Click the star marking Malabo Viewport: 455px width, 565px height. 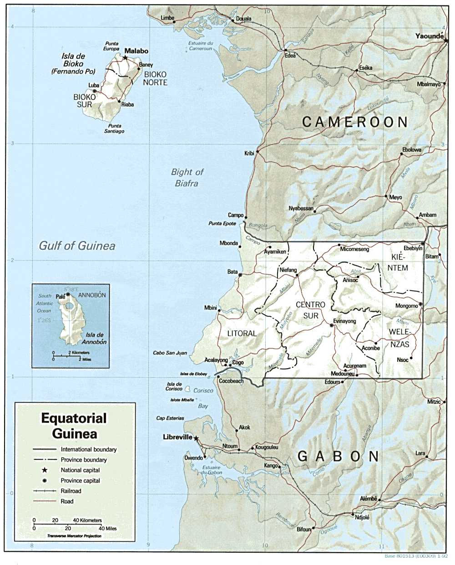[x=125, y=58]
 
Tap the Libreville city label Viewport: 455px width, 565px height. [x=177, y=437]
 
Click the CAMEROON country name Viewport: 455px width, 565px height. [x=355, y=122]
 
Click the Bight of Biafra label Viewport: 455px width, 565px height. [x=187, y=178]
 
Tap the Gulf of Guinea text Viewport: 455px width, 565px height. [x=77, y=246]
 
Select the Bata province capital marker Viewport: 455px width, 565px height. [x=240, y=275]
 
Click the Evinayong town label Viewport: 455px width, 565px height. [x=344, y=321]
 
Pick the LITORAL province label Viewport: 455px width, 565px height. [x=242, y=334]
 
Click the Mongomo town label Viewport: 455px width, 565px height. [x=406, y=306]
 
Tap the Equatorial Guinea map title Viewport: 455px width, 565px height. [x=74, y=425]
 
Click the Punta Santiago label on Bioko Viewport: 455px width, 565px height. [x=114, y=128]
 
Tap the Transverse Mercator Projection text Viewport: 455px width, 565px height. [x=74, y=536]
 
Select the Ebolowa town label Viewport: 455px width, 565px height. [x=412, y=149]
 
